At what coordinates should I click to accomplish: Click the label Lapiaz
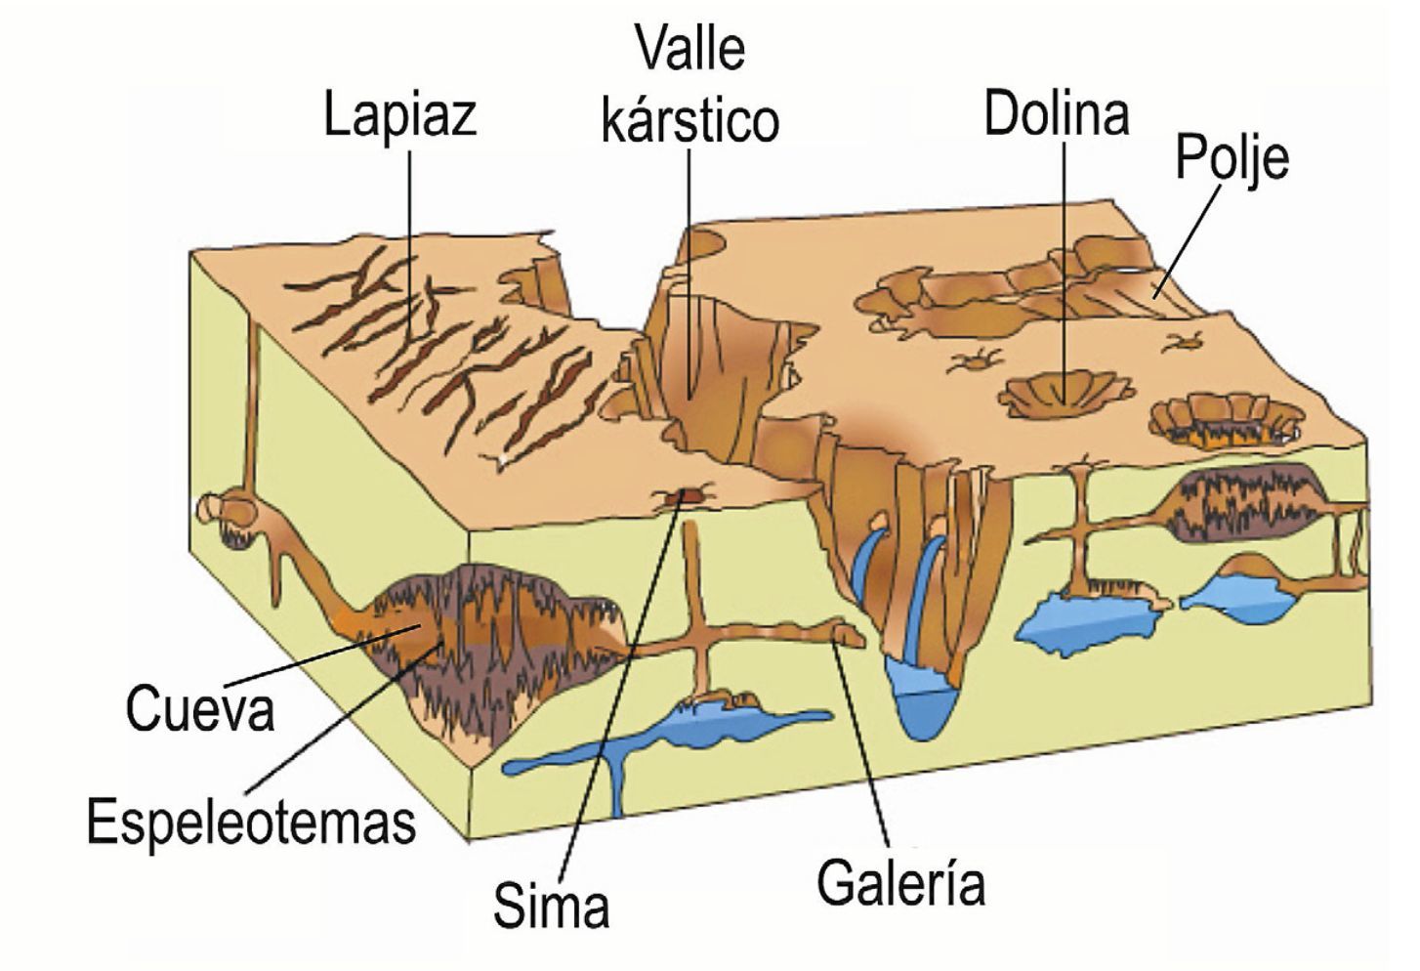tap(399, 115)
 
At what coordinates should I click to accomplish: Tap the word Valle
tap(689, 49)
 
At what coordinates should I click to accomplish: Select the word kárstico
tap(689, 120)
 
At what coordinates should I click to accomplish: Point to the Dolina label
tap(1056, 113)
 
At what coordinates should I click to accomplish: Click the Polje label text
tap(1231, 158)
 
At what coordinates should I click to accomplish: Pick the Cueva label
tap(200, 708)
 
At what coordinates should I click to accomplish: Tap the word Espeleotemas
tap(251, 822)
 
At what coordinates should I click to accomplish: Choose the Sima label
tap(551, 906)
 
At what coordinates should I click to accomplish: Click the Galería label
tap(900, 882)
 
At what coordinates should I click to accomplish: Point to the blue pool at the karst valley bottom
tap(921, 698)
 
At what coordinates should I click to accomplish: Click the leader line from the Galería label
tap(864, 742)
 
